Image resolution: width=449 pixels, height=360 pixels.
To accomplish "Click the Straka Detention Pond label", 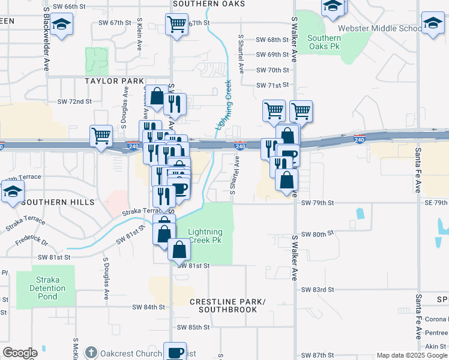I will (x=47, y=288).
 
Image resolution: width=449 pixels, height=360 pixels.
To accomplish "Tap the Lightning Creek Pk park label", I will (x=205, y=236).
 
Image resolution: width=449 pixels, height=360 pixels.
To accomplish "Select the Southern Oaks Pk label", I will (x=324, y=42).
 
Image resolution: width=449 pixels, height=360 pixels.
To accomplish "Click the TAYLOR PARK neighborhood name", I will (x=114, y=81).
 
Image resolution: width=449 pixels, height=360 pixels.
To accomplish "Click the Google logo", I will (x=20, y=353).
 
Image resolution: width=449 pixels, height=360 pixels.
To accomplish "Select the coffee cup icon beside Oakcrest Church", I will (x=175, y=352).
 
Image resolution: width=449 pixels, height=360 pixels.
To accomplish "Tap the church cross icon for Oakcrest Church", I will (x=91, y=352).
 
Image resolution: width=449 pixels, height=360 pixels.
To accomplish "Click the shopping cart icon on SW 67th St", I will (x=176, y=25).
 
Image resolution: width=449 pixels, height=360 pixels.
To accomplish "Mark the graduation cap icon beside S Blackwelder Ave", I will (x=61, y=25).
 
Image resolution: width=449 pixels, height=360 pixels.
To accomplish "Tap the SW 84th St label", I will (x=149, y=307).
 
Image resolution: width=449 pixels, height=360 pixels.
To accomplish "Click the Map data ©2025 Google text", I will (x=411, y=355).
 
